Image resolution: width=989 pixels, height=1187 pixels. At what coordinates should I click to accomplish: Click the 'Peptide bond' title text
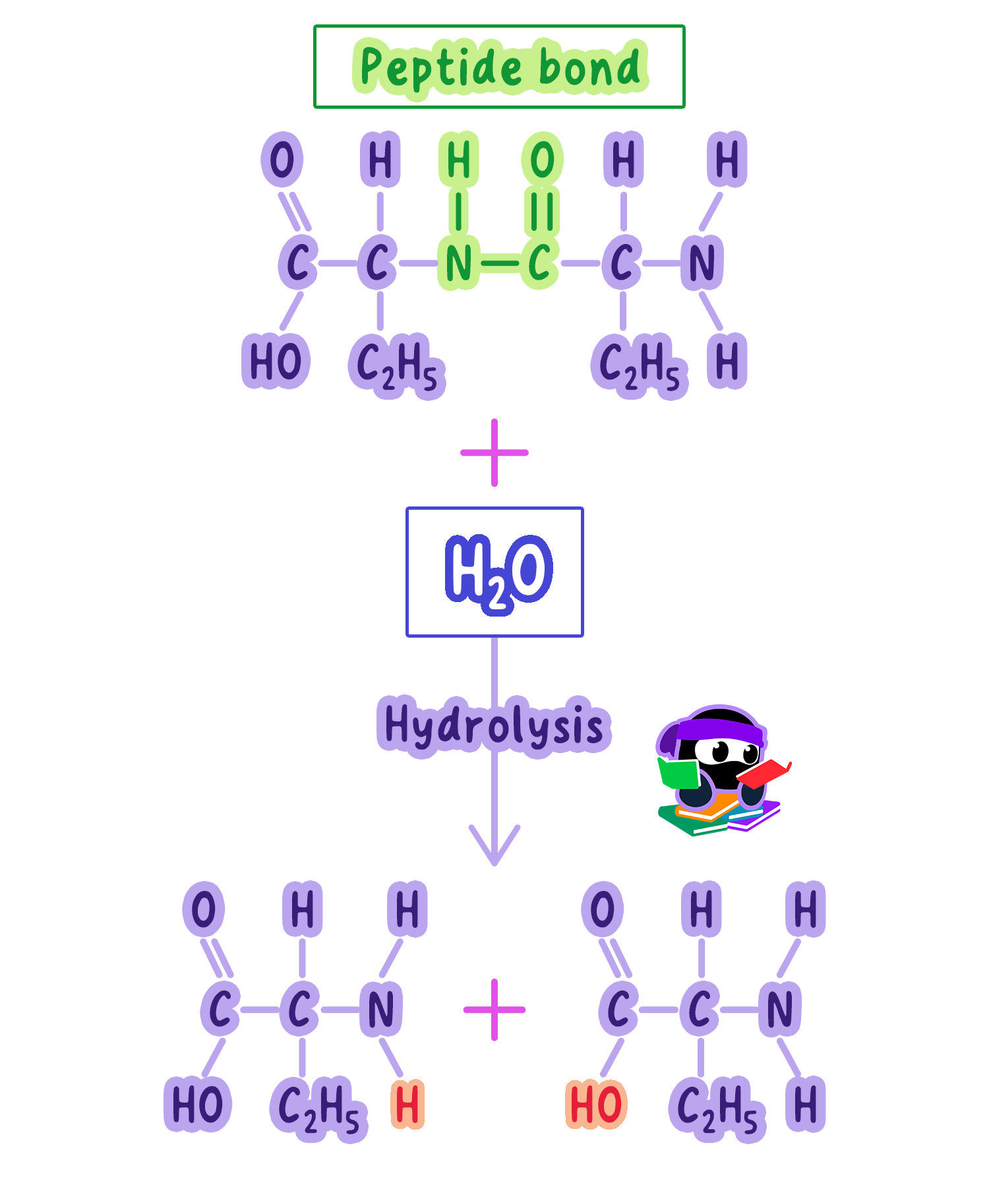coord(500,69)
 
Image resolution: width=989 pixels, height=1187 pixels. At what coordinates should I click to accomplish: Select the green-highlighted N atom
coord(459,263)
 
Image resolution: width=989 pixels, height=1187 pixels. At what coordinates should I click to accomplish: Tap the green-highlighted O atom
coord(543,160)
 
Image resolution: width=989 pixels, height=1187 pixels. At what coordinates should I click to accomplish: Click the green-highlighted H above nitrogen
coord(459,160)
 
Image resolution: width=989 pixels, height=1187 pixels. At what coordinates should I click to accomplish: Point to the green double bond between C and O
coord(543,212)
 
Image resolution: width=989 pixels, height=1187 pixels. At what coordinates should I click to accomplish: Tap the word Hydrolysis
coord(494,725)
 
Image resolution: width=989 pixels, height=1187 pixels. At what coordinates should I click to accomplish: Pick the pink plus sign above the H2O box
coord(494,452)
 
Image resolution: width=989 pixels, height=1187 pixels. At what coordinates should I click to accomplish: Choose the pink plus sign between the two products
coord(494,1010)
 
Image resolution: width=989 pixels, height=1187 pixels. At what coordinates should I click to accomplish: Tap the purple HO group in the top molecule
coord(276,361)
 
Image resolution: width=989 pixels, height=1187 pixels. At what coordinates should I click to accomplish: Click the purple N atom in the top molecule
coord(702,263)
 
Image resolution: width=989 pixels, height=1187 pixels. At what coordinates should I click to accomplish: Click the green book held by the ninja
coord(679,773)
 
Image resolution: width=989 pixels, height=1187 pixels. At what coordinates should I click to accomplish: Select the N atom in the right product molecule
coord(779,1010)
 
